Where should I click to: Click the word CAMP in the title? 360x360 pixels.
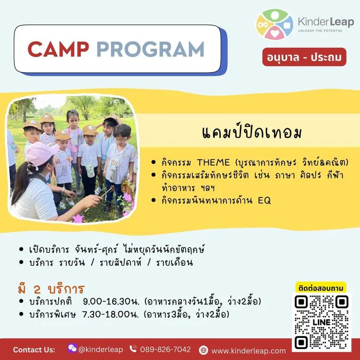[58, 49]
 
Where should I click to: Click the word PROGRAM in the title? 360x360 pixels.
[150, 49]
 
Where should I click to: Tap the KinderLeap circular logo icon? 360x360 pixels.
[275, 24]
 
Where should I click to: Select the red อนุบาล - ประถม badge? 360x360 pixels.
[304, 57]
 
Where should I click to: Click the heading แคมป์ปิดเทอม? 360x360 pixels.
[252, 132]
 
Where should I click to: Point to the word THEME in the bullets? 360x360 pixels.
[213, 162]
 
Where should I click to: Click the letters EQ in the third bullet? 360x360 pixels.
[264, 200]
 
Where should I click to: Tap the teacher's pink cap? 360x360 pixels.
[42, 153]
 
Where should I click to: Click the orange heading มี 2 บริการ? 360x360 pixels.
[51, 289]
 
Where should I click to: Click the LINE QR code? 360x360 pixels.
[321, 322]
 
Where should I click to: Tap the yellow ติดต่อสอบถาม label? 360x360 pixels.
[321, 288]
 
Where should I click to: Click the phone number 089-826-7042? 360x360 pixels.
[165, 349]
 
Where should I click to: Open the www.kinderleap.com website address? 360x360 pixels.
[249, 351]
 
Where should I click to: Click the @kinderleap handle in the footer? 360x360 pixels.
[100, 349]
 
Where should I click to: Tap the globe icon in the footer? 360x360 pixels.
[204, 350]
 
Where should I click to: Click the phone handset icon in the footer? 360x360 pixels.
[133, 349]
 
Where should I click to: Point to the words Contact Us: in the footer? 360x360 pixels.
[34, 350]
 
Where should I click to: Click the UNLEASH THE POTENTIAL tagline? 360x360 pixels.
[320, 30]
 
